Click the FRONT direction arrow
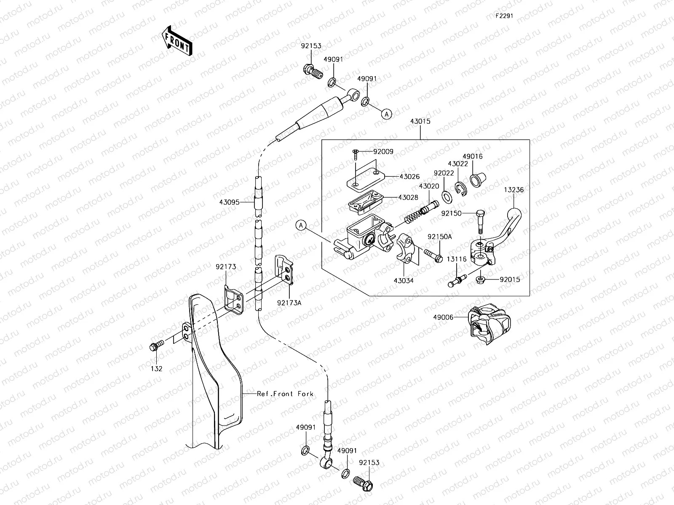coord(177,41)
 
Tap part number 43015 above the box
coord(420,121)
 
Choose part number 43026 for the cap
coord(410,177)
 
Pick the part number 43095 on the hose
coord(229,202)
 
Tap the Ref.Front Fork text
coord(285,394)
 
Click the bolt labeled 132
coord(154,347)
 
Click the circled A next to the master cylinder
coord(301,226)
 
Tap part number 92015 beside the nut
coord(510,279)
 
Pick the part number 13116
coord(457,260)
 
